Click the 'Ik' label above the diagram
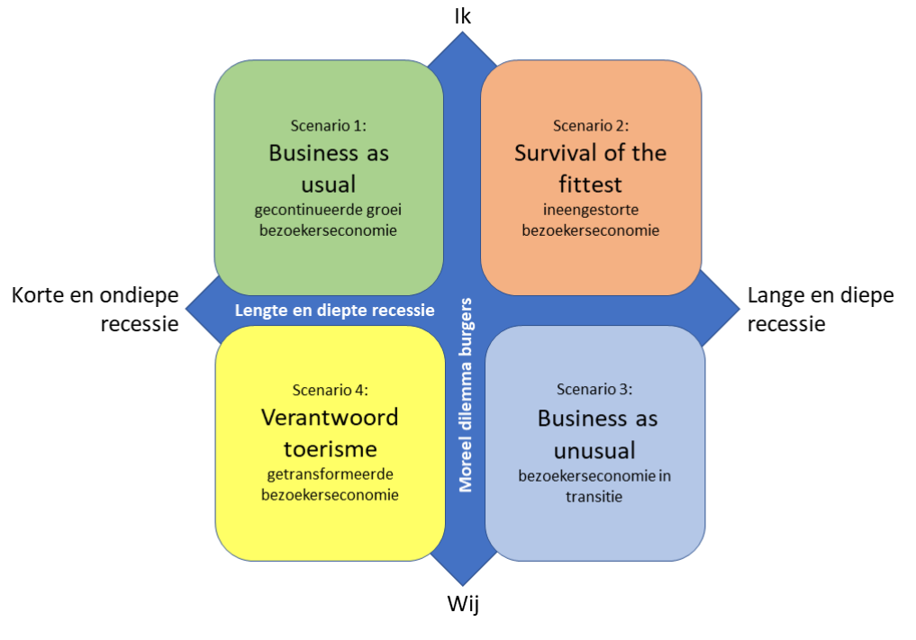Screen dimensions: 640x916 463,15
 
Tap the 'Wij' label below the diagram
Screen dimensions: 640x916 463,604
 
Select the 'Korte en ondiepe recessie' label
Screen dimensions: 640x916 95,310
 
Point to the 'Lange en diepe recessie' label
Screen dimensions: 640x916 821,310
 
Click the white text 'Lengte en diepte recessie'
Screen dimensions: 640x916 334,311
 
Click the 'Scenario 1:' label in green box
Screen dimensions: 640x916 329,126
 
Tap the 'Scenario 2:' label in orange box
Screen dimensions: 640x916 591,126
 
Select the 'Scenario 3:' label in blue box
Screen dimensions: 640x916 594,390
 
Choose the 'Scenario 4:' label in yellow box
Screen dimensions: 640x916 331,390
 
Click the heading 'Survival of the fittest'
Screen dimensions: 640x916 591,168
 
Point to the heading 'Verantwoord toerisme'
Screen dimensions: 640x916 331,432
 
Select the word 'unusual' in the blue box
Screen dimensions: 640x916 595,449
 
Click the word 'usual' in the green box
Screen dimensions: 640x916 329,185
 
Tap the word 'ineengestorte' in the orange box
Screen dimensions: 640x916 591,212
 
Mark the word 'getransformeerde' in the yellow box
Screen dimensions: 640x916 331,475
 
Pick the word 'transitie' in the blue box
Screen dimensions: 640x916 594,495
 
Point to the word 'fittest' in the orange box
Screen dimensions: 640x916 591,185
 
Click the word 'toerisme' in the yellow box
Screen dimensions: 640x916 331,448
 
